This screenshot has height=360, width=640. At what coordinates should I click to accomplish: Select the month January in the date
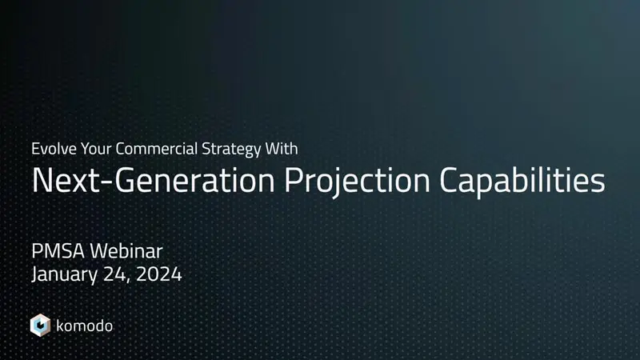(65, 275)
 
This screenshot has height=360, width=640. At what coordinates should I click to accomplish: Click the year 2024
(160, 275)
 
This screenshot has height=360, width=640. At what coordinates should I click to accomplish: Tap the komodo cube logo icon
(40, 325)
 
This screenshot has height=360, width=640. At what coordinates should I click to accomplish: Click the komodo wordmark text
(85, 325)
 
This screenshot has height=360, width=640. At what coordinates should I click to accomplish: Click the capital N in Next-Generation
(42, 180)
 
